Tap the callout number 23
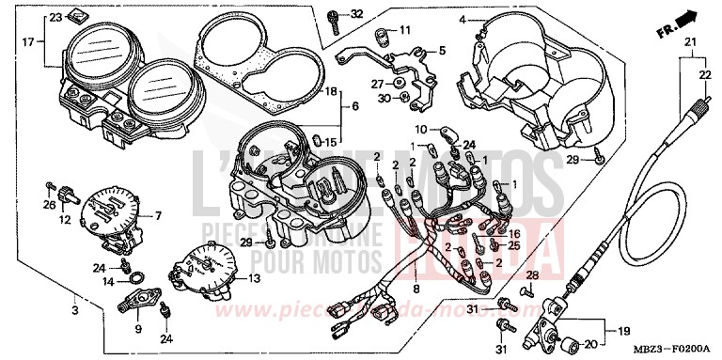click(x=55, y=18)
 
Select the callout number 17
click(x=29, y=41)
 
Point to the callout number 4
click(x=463, y=19)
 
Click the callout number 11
click(x=405, y=31)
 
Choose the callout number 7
click(x=158, y=216)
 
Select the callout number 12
click(x=65, y=220)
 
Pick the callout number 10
click(x=421, y=128)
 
